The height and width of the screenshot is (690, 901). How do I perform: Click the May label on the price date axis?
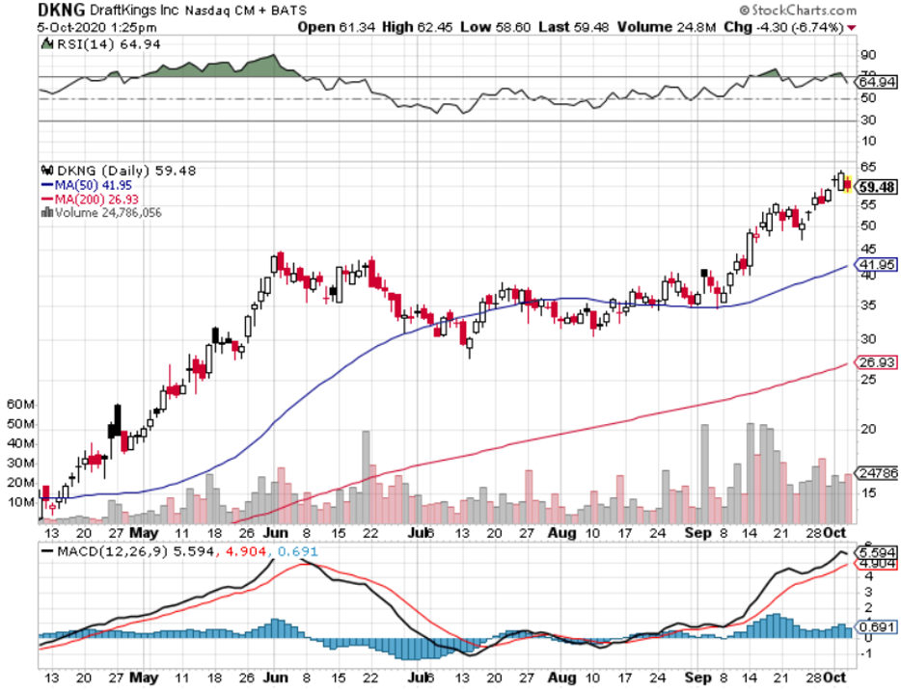pos(145,531)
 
